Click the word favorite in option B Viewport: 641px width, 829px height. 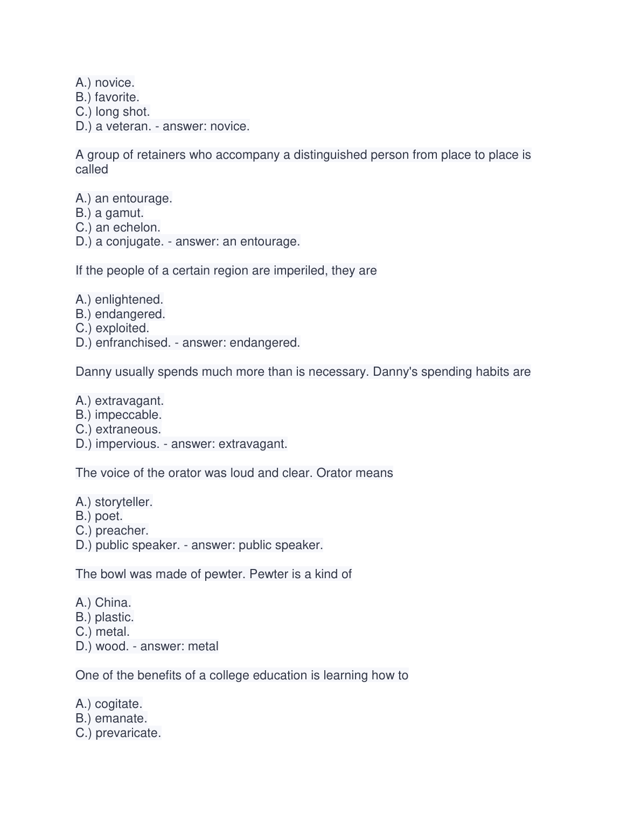coord(116,97)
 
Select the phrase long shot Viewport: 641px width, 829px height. coord(122,112)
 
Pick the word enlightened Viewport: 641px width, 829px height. coord(129,300)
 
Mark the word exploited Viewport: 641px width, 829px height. coord(122,328)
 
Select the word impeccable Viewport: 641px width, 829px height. coord(128,415)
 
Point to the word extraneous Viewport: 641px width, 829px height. coord(128,430)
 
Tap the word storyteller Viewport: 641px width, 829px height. coord(123,502)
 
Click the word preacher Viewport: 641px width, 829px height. coord(122,531)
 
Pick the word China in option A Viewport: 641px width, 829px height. coord(113,603)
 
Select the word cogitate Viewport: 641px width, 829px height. coord(118,704)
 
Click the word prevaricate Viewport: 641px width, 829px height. coord(128,733)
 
